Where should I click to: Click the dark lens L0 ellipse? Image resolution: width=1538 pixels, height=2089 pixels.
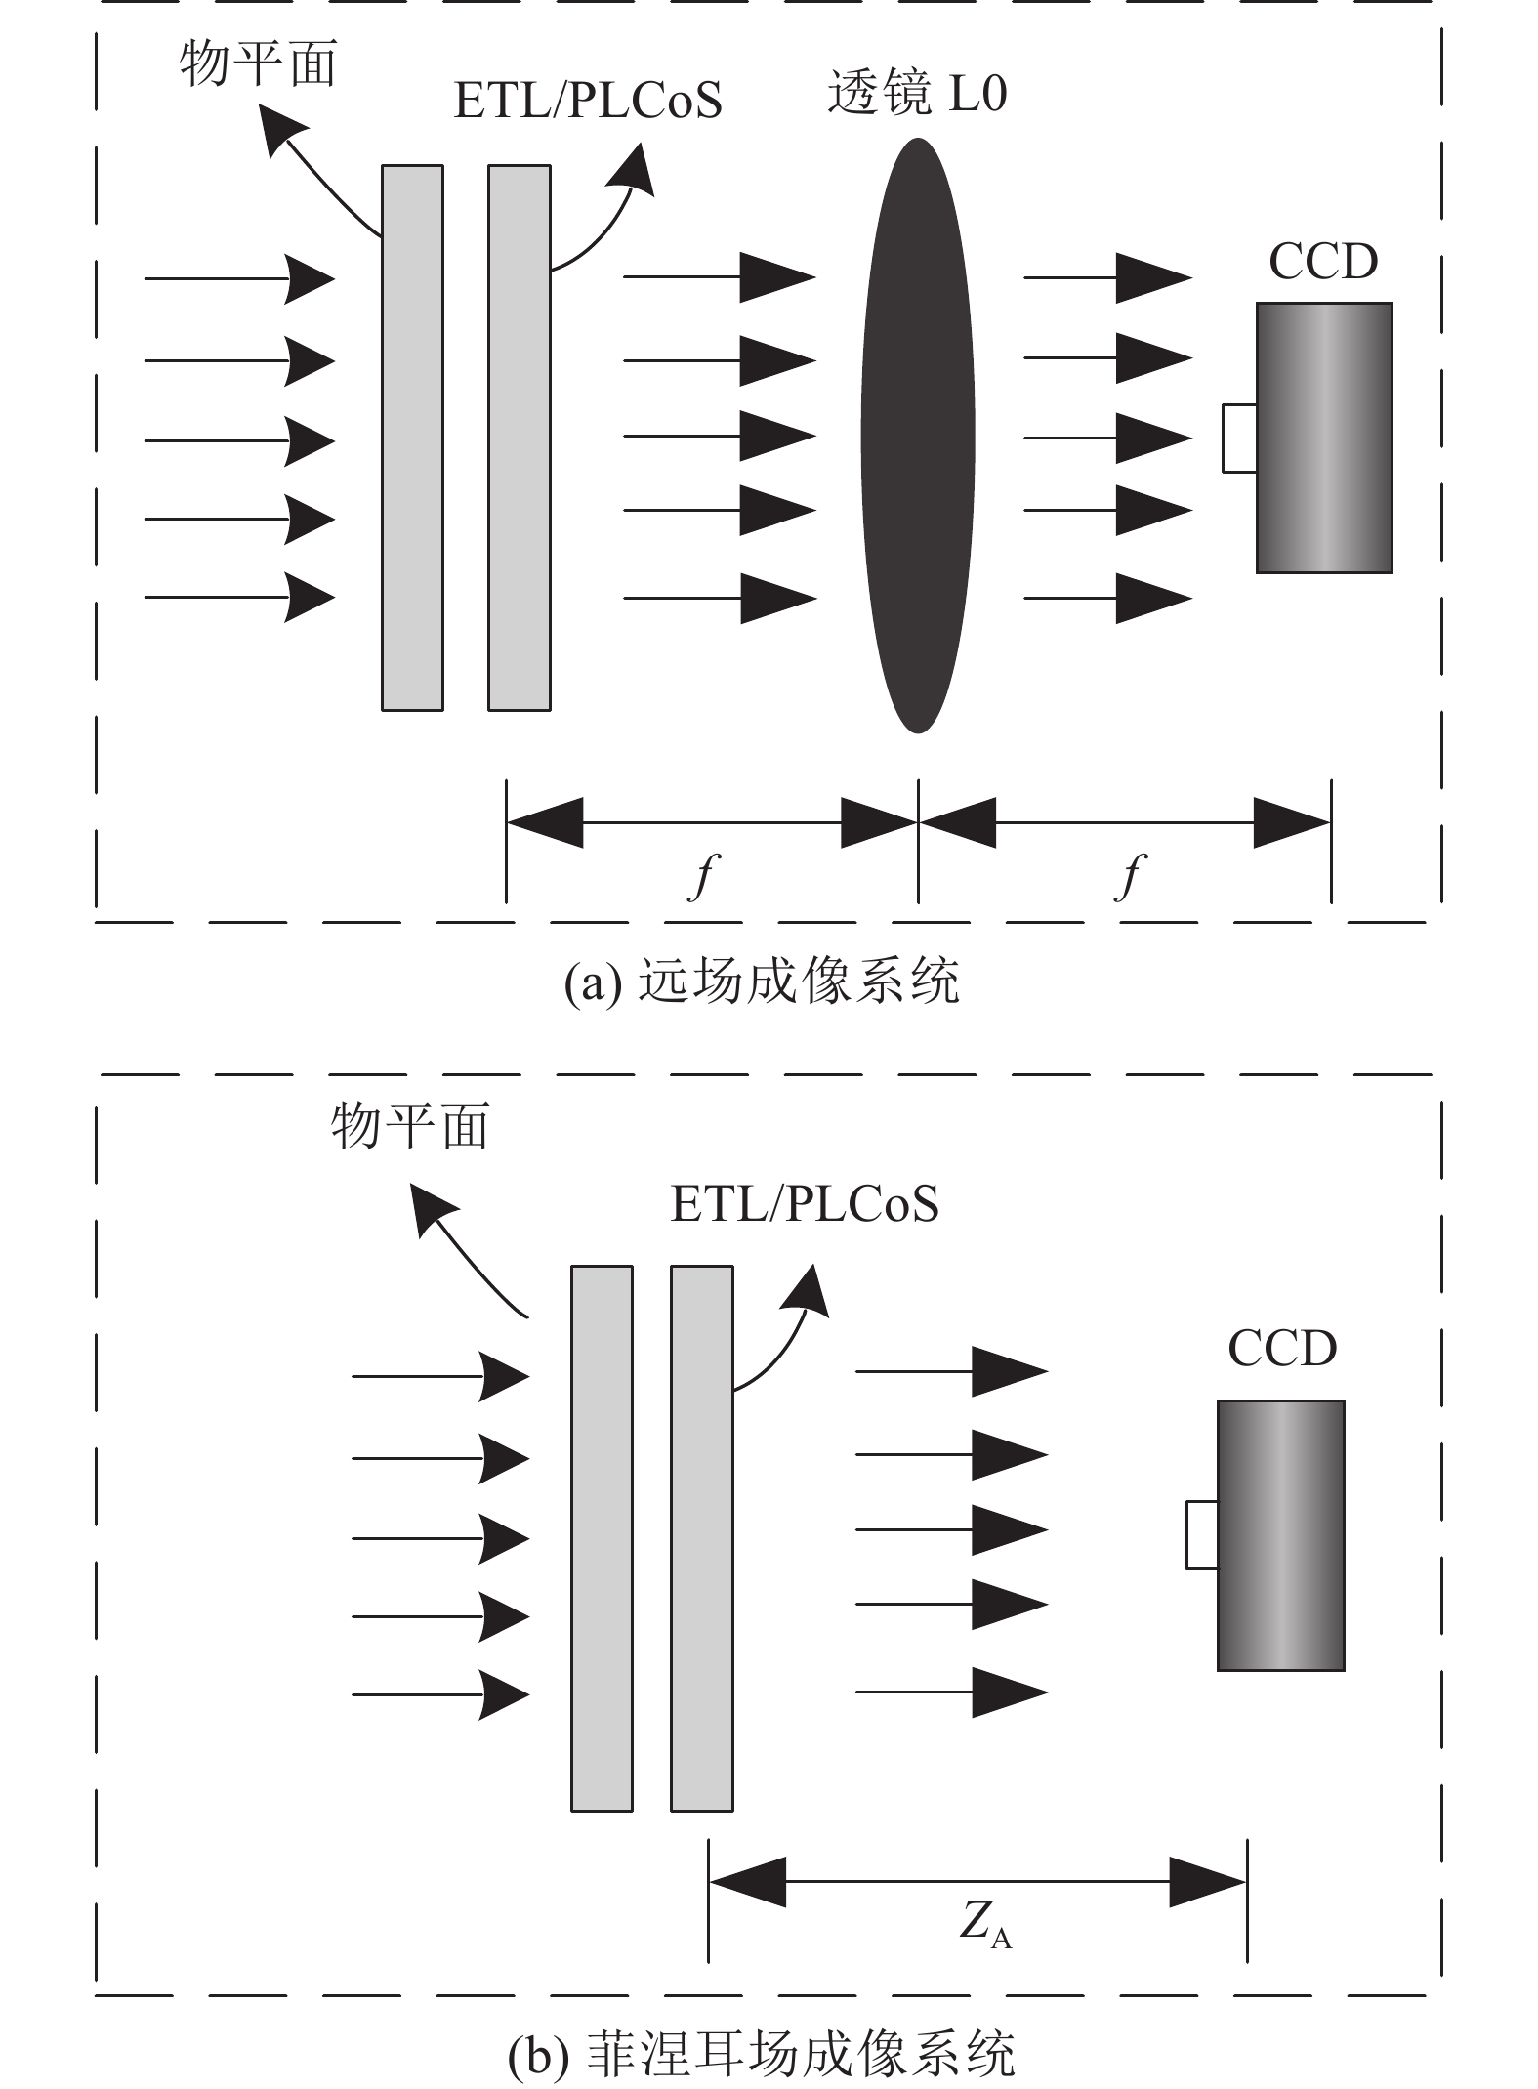click(918, 435)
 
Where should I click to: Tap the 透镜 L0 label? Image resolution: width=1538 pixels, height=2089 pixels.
click(917, 94)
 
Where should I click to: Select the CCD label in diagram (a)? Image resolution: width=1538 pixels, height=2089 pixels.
click(1323, 261)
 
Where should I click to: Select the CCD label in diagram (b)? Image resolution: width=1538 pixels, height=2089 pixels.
click(1281, 1349)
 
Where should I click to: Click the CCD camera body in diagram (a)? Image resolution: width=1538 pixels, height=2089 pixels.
click(1324, 438)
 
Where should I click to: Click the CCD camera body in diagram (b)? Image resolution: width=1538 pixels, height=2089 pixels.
click(1281, 1535)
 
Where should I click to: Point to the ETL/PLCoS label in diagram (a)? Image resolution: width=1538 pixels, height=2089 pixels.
click(588, 101)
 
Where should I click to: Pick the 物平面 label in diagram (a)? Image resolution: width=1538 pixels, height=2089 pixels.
click(258, 64)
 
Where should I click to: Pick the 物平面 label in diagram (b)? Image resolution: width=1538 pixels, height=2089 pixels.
click(410, 1126)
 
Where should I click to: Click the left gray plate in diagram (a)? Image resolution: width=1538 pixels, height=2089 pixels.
click(412, 438)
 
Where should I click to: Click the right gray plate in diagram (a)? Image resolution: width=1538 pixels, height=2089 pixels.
click(520, 438)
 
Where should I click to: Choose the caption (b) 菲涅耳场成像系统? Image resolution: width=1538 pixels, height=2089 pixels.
click(762, 2054)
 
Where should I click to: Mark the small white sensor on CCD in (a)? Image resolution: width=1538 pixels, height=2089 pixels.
click(1239, 439)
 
